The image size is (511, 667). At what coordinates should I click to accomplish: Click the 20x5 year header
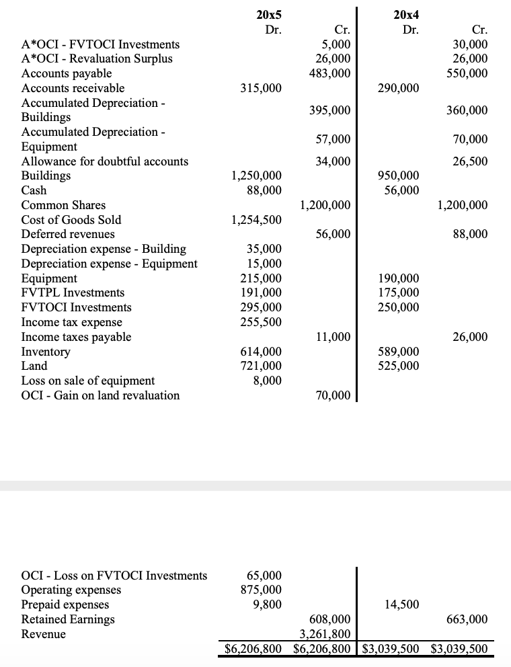click(x=269, y=14)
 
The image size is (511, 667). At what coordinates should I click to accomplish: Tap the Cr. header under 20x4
click(x=480, y=30)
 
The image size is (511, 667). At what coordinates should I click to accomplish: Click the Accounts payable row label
click(x=67, y=73)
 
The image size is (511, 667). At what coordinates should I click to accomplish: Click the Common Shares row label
click(x=63, y=205)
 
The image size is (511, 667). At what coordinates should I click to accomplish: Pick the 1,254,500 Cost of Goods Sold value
click(x=256, y=220)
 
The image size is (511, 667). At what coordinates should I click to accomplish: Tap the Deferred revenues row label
click(x=68, y=234)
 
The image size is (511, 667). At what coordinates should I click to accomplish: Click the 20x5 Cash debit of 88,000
click(x=264, y=190)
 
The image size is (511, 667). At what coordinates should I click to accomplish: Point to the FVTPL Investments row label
click(x=73, y=292)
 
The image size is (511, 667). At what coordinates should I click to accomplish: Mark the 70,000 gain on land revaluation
click(x=333, y=395)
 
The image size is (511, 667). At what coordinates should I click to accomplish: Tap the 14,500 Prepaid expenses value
click(x=402, y=604)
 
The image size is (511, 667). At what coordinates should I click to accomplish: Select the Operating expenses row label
click(x=71, y=590)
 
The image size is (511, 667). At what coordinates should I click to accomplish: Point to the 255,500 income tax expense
click(x=261, y=322)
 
